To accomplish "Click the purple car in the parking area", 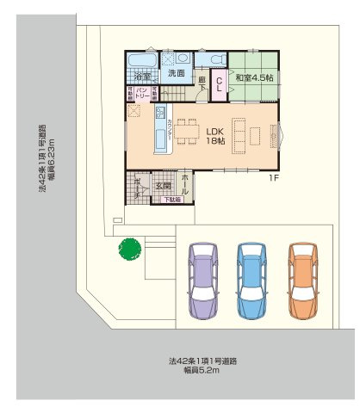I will pyautogui.click(x=201, y=283).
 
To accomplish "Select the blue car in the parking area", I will pyautogui.click(x=251, y=283).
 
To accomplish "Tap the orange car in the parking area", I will pyautogui.click(x=303, y=283).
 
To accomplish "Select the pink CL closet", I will pyautogui.click(x=220, y=83).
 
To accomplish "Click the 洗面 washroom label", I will pyautogui.click(x=177, y=75).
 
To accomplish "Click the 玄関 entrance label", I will pyautogui.click(x=164, y=185).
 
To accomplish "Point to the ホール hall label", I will pyautogui.click(x=187, y=182).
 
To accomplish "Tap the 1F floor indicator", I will pyautogui.click(x=272, y=178).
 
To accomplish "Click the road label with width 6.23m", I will pyautogui.click(x=47, y=163).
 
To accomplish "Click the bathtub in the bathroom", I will pyautogui.click(x=142, y=60).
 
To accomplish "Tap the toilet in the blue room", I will pyautogui.click(x=214, y=59).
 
